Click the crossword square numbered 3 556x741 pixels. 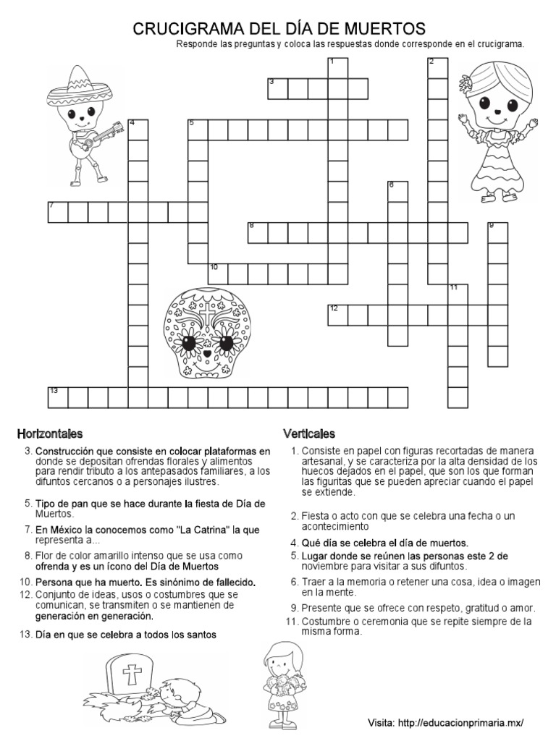pyautogui.click(x=277, y=88)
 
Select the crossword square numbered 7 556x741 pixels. pyautogui.click(x=58, y=211)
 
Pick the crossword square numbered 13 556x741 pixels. pyautogui.click(x=58, y=397)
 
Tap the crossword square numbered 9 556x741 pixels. pyautogui.click(x=497, y=232)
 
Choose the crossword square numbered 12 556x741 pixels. pyautogui.click(x=337, y=315)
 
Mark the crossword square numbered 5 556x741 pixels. pyautogui.click(x=198, y=130)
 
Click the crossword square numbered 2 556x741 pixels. pyautogui.click(x=437, y=68)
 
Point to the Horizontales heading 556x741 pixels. pyautogui.click(x=50, y=433)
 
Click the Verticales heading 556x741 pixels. pyautogui.click(x=308, y=433)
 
